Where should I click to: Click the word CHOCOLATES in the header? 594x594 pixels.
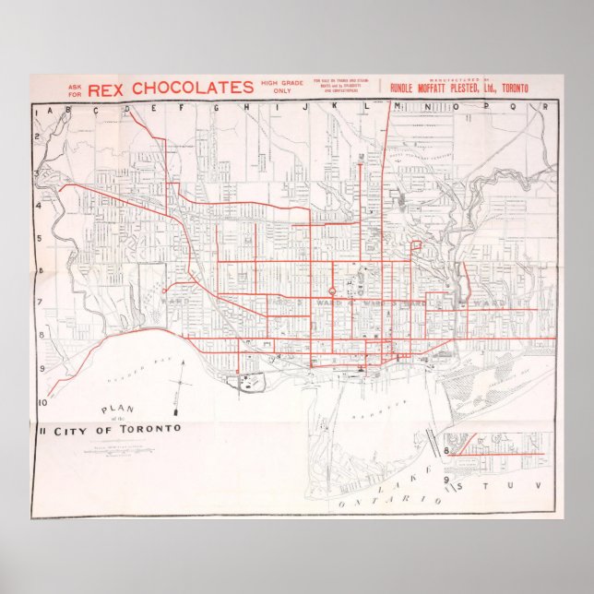coord(192,88)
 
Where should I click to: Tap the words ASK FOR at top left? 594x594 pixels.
coord(75,89)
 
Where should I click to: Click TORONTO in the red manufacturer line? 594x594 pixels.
coord(510,89)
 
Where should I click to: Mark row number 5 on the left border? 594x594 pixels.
coord(40,239)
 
